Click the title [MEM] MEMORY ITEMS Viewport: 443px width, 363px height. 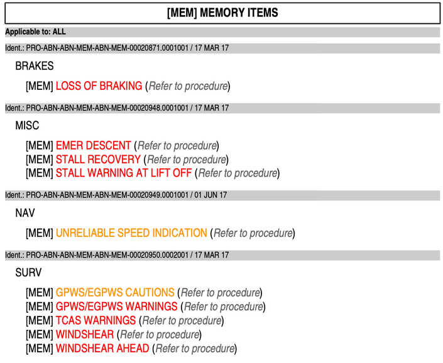click(222, 13)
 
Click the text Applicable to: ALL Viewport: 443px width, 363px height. click(35, 31)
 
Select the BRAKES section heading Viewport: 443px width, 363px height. click(35, 66)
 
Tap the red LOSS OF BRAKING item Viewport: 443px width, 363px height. click(99, 86)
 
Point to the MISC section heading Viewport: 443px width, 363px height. click(27, 126)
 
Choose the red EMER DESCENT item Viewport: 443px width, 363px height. click(94, 146)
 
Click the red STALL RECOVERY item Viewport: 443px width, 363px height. click(98, 160)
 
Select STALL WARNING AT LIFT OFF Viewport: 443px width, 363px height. click(124, 173)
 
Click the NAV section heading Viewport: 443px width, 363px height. click(25, 213)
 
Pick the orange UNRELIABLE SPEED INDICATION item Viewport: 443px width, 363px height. click(131, 233)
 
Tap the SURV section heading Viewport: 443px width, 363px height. click(28, 273)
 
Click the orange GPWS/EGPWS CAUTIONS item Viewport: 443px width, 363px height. click(115, 293)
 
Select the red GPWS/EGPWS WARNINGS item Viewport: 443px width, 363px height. click(117, 306)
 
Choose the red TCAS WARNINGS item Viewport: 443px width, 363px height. click(96, 320)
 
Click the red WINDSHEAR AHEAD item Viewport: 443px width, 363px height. click(102, 349)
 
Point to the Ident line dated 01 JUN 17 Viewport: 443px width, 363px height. click(116, 195)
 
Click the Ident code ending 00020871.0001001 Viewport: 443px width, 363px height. click(107, 48)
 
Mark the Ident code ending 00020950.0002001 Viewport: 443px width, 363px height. click(107, 255)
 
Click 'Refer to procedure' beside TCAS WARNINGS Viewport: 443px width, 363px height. click(182, 321)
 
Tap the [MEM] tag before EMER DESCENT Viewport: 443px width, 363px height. click(40, 146)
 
